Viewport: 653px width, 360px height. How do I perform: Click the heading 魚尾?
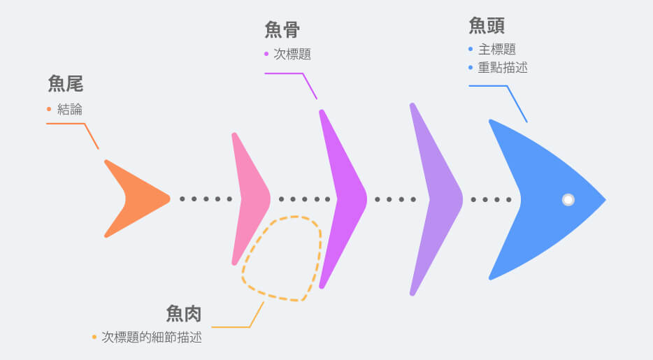click(x=66, y=85)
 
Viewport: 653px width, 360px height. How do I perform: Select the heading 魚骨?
click(x=282, y=29)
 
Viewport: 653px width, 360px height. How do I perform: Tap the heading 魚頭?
click(x=487, y=26)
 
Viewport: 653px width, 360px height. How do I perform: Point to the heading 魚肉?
click(x=184, y=314)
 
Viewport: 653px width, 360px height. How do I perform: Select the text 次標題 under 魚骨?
click(x=292, y=54)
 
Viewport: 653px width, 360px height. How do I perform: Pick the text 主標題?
click(x=497, y=50)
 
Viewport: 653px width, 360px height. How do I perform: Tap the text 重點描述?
click(x=503, y=68)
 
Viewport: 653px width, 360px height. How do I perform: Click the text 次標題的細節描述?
click(x=152, y=337)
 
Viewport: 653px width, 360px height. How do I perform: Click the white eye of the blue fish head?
click(x=568, y=200)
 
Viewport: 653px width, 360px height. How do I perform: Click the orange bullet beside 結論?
click(x=49, y=110)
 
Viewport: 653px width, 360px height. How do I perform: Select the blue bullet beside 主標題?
click(x=471, y=50)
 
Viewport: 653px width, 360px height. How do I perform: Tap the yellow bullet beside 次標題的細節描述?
click(x=94, y=337)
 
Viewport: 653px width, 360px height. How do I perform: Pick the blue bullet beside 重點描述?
click(x=471, y=68)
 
